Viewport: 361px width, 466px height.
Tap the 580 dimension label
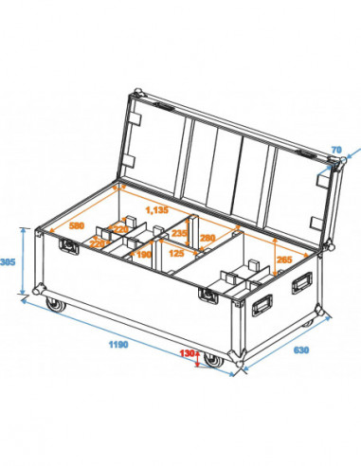tap(79, 226)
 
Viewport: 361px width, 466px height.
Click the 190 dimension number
tap(144, 255)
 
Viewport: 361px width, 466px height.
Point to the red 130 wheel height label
tap(187, 352)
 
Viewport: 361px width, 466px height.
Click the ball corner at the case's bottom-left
tap(40, 290)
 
